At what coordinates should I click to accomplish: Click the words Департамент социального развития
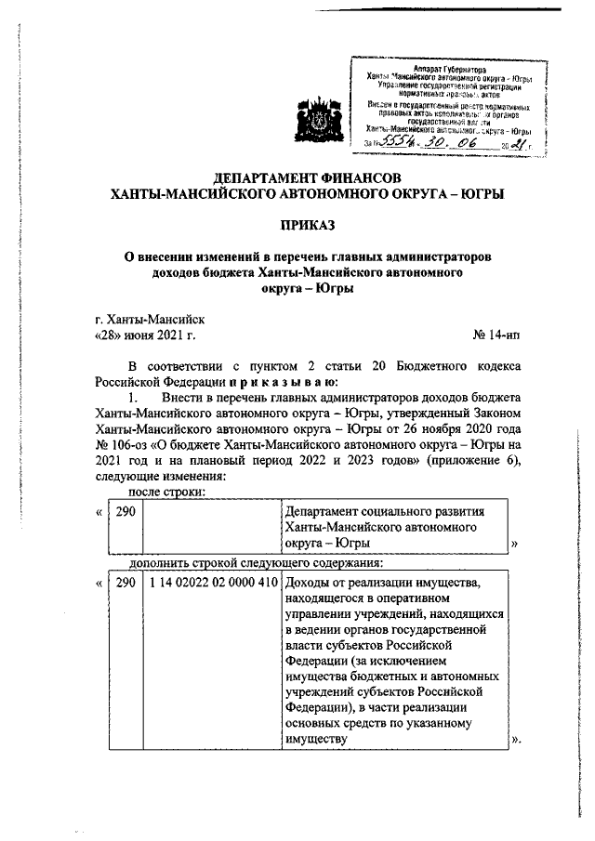coord(384,511)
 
